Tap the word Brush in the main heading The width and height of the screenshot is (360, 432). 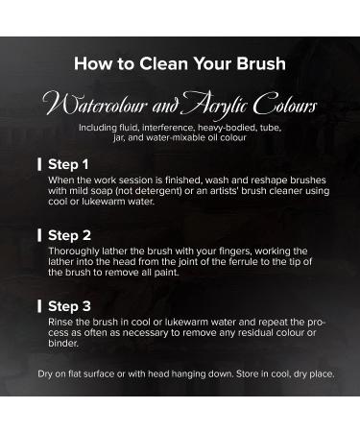pyautogui.click(x=261, y=63)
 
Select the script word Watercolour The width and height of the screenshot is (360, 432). pyautogui.click(x=96, y=104)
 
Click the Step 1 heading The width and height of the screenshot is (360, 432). pyautogui.click(x=68, y=164)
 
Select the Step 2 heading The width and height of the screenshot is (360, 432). pyautogui.click(x=69, y=235)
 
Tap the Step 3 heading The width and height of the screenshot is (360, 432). pyautogui.click(x=69, y=306)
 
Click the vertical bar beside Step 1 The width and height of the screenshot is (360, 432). pyautogui.click(x=39, y=164)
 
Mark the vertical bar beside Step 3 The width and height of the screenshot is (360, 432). pyautogui.click(x=39, y=306)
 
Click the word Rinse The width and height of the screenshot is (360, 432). pyautogui.click(x=60, y=322)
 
